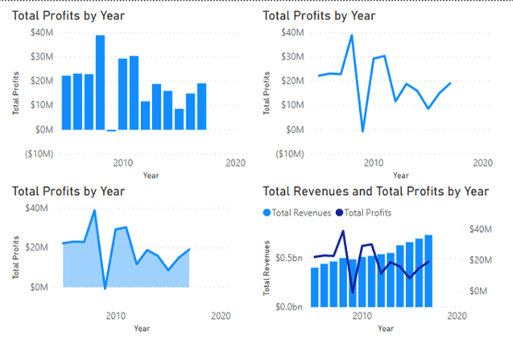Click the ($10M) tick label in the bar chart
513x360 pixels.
click(40, 154)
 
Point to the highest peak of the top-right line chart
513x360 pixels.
click(352, 35)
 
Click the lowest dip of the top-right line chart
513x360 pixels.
click(362, 130)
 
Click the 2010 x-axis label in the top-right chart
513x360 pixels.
click(373, 163)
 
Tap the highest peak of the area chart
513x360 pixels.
click(94, 211)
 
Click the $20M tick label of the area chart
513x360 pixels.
click(37, 247)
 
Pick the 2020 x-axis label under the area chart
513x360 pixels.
click(220, 316)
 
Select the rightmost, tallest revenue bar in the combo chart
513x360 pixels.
click(428, 271)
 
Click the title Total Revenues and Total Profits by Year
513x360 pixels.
click(376, 191)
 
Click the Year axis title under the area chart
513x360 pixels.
click(142, 329)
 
